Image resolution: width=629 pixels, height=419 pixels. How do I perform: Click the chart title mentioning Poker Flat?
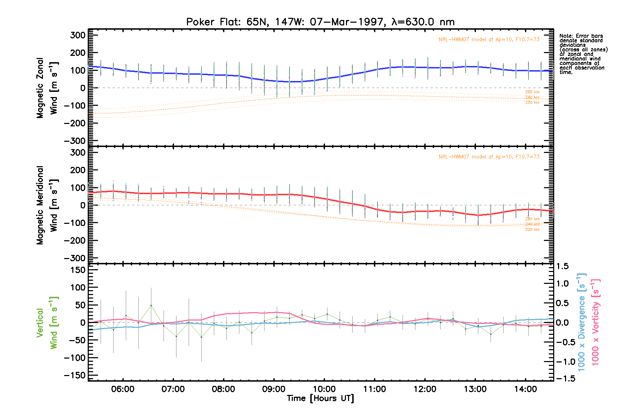(x=320, y=22)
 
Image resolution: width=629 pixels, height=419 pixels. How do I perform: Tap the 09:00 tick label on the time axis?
(x=274, y=389)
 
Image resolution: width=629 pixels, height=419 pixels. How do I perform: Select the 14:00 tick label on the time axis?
(x=526, y=389)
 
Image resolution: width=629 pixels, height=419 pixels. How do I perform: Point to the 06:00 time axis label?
(x=123, y=389)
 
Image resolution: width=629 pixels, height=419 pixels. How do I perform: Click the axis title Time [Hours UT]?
(x=320, y=398)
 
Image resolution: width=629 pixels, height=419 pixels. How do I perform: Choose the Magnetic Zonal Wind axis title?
(x=47, y=88)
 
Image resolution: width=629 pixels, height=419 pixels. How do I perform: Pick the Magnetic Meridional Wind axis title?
(x=47, y=205)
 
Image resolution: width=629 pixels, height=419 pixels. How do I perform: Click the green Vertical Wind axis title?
(x=47, y=323)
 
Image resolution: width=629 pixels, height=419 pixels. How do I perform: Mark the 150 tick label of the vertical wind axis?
(x=75, y=270)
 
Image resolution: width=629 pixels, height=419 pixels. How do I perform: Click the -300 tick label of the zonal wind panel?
(x=74, y=141)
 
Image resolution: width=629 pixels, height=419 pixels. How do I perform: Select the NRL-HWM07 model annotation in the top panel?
(x=489, y=39)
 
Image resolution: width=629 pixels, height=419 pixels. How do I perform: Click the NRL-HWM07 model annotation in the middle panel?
(x=489, y=157)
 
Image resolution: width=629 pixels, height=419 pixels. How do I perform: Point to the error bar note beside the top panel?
(x=583, y=54)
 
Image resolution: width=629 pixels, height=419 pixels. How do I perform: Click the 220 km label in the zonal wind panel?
(x=532, y=103)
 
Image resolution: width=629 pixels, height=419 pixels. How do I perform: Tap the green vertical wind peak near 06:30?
(x=151, y=305)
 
